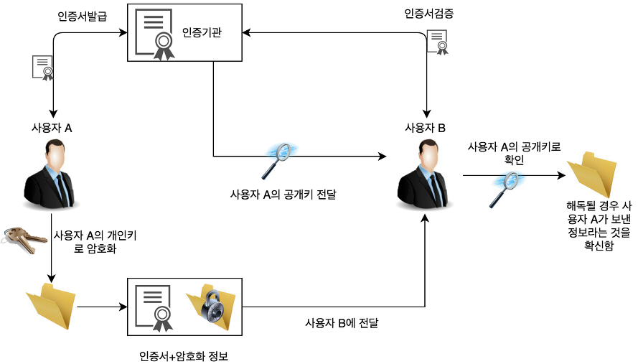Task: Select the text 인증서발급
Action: pos(82,15)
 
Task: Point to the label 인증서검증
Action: pos(429,14)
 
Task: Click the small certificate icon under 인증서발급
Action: pos(42,67)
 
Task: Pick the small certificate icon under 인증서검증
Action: pos(437,42)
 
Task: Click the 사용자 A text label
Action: pos(52,128)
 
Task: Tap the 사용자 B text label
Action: pos(426,128)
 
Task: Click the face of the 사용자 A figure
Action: pos(54,154)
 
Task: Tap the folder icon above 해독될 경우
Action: pos(593,174)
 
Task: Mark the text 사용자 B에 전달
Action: pos(342,322)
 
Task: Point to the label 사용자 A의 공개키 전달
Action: pos(283,194)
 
